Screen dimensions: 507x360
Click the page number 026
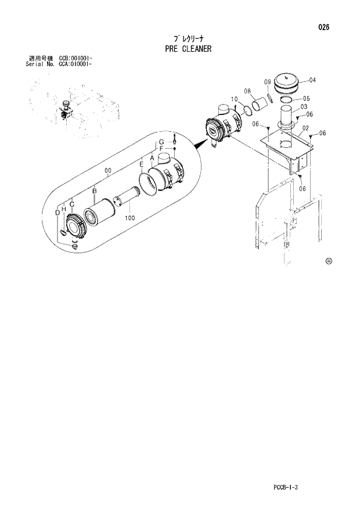[x=324, y=27]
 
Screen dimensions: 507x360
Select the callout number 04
[x=312, y=80]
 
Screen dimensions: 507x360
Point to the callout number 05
[x=306, y=98]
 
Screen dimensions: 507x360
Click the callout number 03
[x=304, y=106]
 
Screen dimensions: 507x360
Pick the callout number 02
[x=305, y=128]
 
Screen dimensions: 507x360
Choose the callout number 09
[x=268, y=81]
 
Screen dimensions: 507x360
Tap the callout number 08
[x=247, y=91]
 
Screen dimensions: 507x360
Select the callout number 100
[x=129, y=218]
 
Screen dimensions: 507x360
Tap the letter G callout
[x=161, y=142]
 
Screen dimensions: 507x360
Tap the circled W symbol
[x=329, y=261]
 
